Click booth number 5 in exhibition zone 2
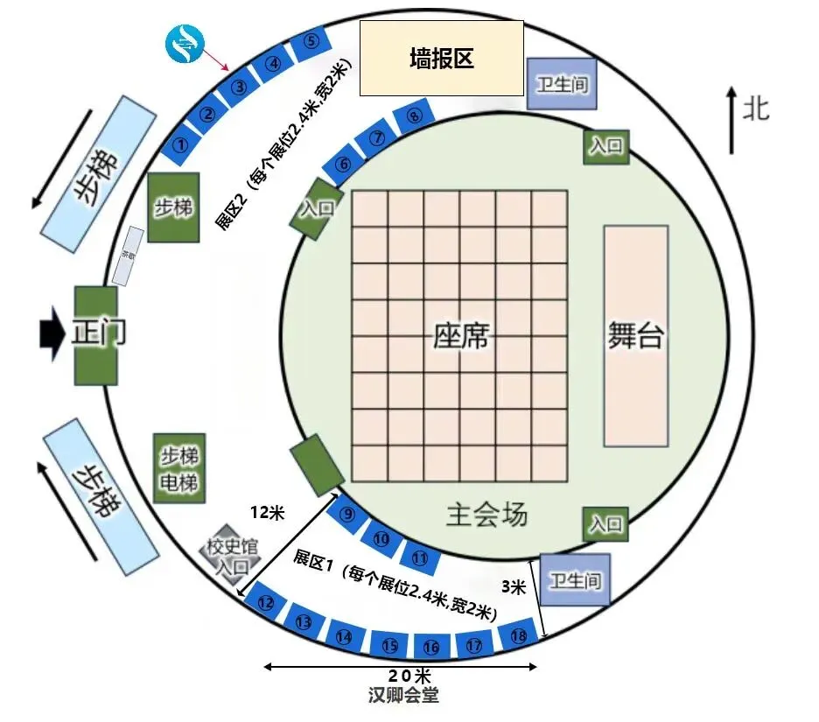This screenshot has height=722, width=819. click(x=311, y=42)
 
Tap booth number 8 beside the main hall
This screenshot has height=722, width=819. click(x=415, y=116)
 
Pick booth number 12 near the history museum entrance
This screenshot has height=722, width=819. click(x=266, y=602)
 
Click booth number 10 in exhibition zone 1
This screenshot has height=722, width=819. click(x=381, y=537)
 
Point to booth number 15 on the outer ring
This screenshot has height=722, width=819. click(x=389, y=646)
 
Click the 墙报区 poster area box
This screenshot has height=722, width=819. click(x=442, y=59)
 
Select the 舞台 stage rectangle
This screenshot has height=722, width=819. click(x=636, y=336)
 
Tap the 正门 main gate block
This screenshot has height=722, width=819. click(x=95, y=334)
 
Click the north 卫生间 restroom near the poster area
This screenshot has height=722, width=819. click(x=563, y=84)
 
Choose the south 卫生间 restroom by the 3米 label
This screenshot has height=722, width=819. click(x=574, y=579)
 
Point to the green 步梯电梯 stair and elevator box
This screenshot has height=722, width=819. click(x=178, y=468)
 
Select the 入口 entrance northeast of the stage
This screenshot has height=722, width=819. click(x=605, y=146)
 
